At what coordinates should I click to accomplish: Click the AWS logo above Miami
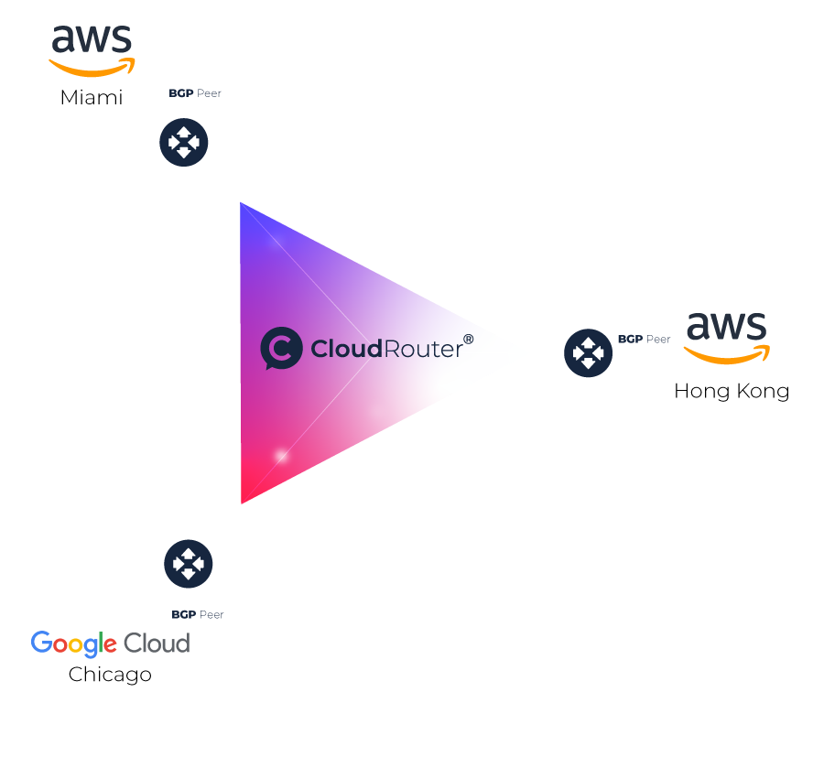click(x=92, y=51)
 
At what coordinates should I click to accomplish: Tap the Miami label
click(x=92, y=98)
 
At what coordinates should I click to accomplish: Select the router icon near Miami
click(x=184, y=143)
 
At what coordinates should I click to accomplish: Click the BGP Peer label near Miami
click(x=195, y=93)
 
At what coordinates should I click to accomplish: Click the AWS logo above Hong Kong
click(x=727, y=339)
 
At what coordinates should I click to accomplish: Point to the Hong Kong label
click(x=732, y=392)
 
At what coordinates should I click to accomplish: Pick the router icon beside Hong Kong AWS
click(x=588, y=353)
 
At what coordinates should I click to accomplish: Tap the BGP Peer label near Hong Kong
click(x=645, y=340)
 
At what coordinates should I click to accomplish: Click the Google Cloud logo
click(x=111, y=643)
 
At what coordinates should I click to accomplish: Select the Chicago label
click(x=110, y=675)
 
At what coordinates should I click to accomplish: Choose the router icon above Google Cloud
click(x=188, y=564)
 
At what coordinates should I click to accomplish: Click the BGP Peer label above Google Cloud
click(x=198, y=614)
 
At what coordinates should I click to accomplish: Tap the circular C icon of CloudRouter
click(x=281, y=349)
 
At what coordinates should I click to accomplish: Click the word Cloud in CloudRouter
click(x=347, y=349)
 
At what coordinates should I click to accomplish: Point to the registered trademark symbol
click(x=468, y=340)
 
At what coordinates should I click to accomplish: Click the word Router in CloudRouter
click(x=424, y=350)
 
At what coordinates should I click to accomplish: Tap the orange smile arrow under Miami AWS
click(x=92, y=67)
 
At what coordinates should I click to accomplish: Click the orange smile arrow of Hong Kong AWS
click(x=727, y=354)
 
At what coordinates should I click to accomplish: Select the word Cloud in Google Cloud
click(x=157, y=643)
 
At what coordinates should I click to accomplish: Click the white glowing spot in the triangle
click(x=282, y=455)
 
